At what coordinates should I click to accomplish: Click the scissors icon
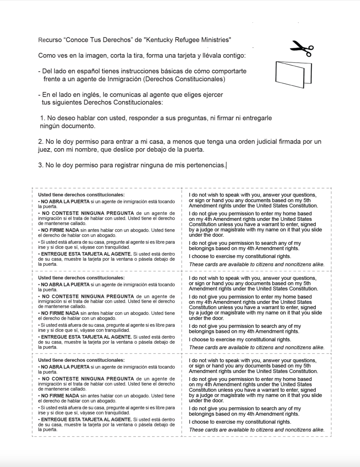[302, 47]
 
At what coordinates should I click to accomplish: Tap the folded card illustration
[289, 73]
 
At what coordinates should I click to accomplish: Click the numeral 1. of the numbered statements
[42, 118]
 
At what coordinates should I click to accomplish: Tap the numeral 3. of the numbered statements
[41, 165]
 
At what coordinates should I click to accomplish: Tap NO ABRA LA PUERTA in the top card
[65, 201]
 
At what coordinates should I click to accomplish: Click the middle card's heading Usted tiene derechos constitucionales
[81, 277]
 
